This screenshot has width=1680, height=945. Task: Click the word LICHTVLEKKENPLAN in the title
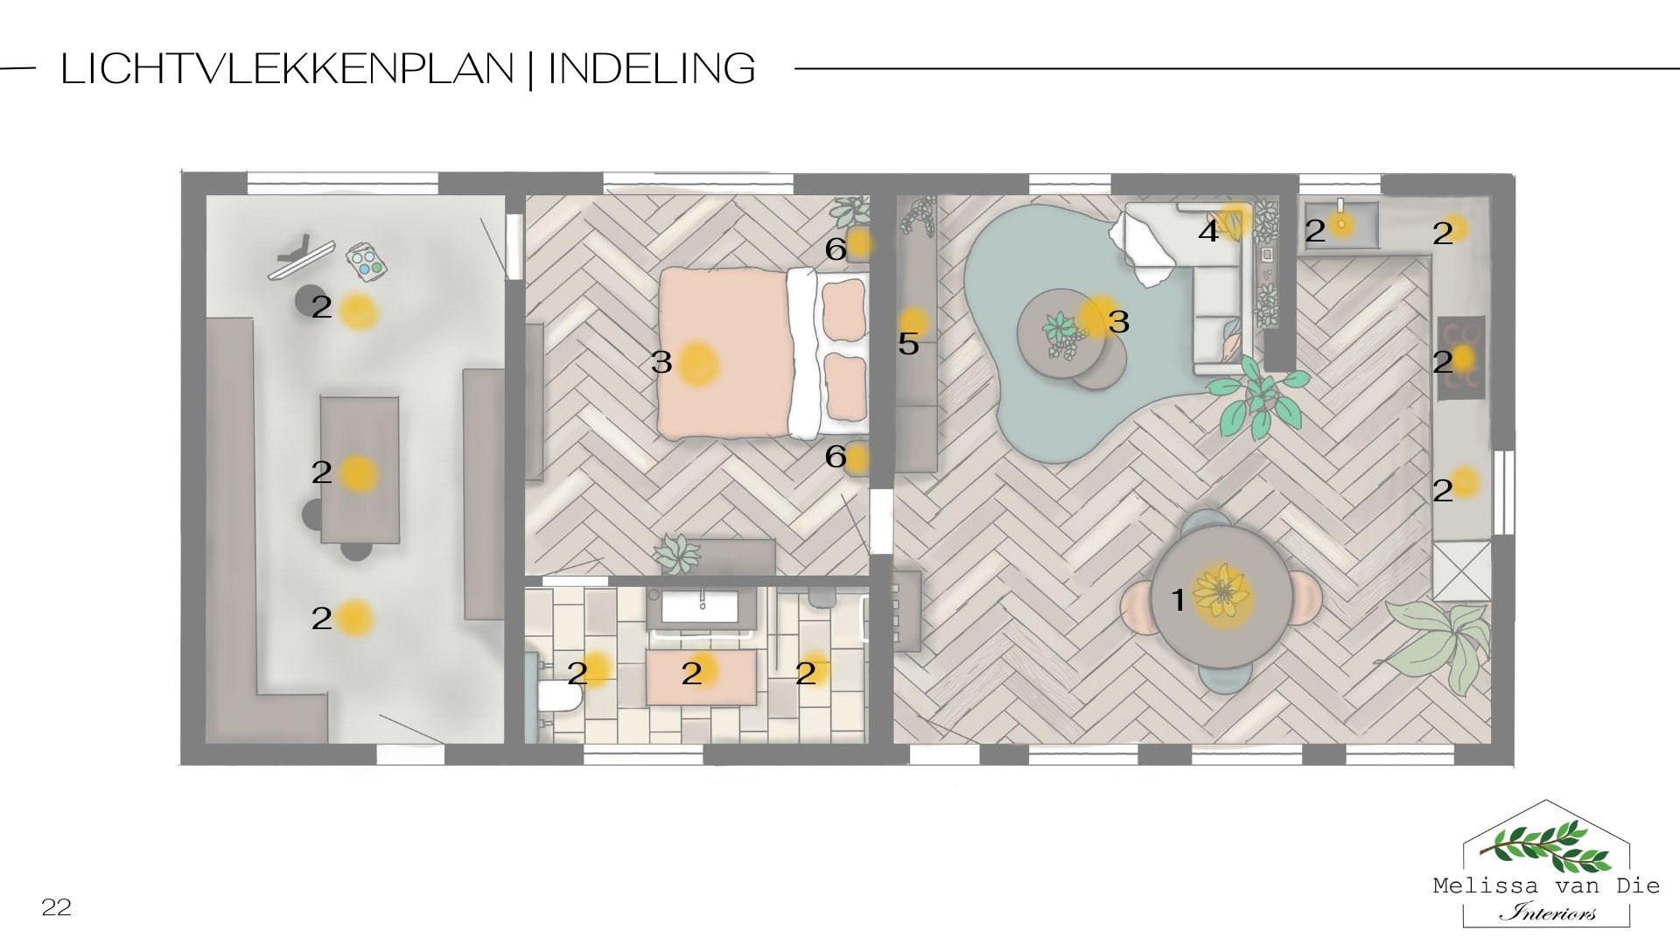point(287,68)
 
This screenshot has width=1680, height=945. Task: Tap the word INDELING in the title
point(652,68)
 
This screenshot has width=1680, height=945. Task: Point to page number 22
point(56,908)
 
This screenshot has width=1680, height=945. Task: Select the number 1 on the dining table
point(1178,600)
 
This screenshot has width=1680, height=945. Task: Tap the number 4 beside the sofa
point(1208,232)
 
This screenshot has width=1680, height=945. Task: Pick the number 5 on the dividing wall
point(908,344)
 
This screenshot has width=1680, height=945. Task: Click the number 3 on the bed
point(661,361)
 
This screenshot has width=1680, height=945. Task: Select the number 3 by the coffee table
point(1119,322)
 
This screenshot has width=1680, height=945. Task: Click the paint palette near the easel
point(367,260)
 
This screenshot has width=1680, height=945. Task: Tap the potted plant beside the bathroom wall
point(677,553)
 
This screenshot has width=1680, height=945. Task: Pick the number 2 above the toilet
point(577,673)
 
